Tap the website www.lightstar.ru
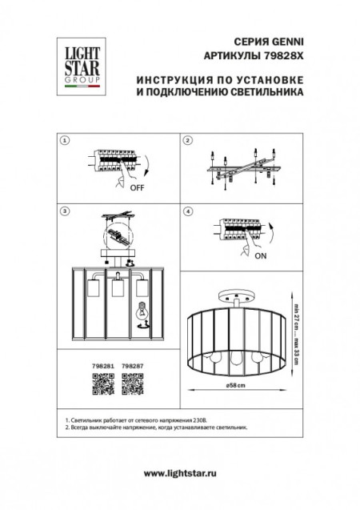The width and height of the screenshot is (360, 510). coord(180,476)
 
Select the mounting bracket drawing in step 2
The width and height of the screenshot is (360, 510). coord(240,168)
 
